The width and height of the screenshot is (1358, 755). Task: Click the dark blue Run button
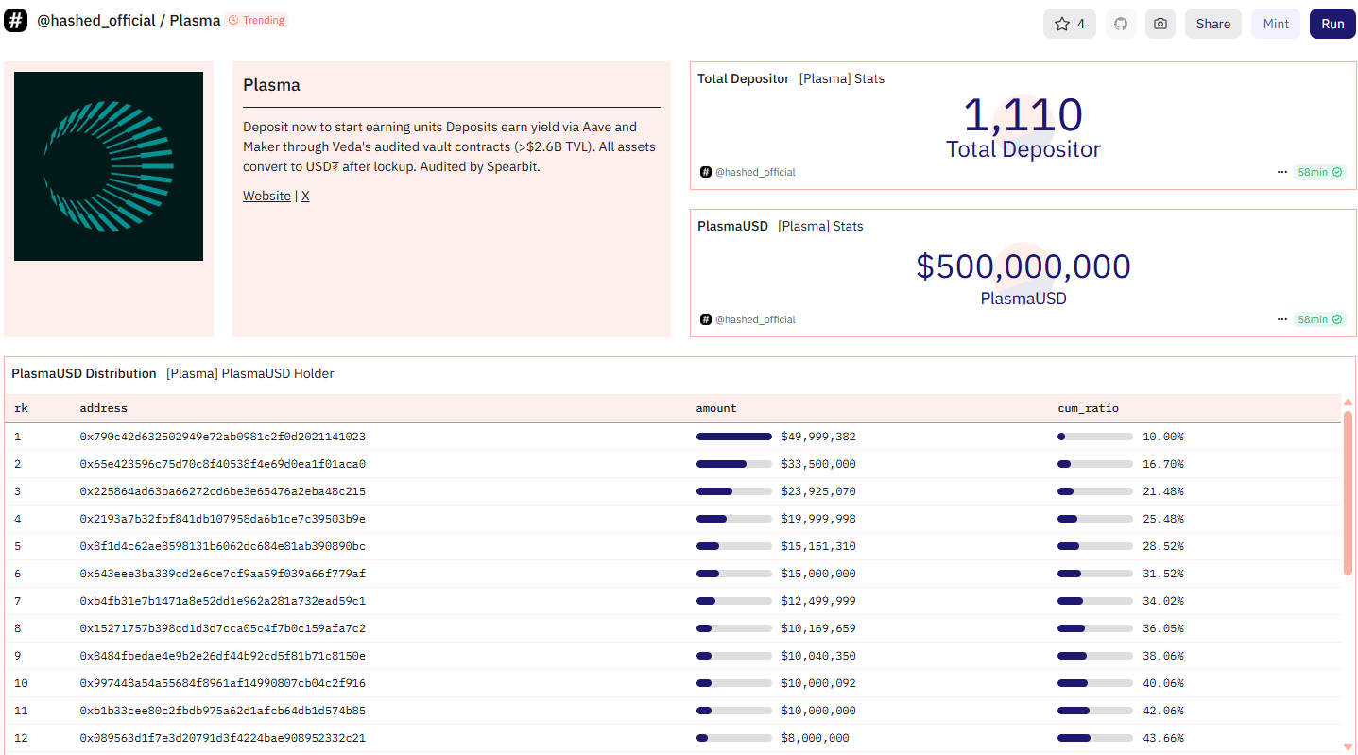(x=1332, y=24)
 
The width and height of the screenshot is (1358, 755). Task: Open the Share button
(x=1212, y=24)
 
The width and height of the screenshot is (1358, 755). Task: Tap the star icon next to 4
(x=1061, y=24)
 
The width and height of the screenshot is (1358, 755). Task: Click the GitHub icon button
(x=1121, y=24)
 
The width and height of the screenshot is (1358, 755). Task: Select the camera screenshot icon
(x=1160, y=24)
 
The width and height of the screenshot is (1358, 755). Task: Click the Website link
(x=266, y=196)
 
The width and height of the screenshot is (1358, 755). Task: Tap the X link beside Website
(x=305, y=196)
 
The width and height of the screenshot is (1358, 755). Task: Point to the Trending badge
(x=257, y=20)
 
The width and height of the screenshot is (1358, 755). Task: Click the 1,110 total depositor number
(x=1023, y=114)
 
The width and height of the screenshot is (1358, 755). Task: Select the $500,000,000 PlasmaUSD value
(x=1023, y=266)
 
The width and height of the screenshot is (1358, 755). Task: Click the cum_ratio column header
(x=1089, y=408)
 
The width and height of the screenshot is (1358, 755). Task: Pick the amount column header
(x=716, y=408)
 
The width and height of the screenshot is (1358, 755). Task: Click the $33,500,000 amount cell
(x=818, y=464)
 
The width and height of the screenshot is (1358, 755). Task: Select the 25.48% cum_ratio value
(x=1162, y=519)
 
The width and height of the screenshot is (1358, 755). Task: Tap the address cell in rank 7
(x=222, y=601)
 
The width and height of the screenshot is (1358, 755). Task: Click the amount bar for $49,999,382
(x=733, y=437)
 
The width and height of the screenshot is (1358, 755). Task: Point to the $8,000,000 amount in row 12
(x=815, y=738)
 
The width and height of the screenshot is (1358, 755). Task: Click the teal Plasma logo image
(x=109, y=166)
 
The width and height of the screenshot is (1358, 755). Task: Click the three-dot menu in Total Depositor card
(x=1281, y=172)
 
